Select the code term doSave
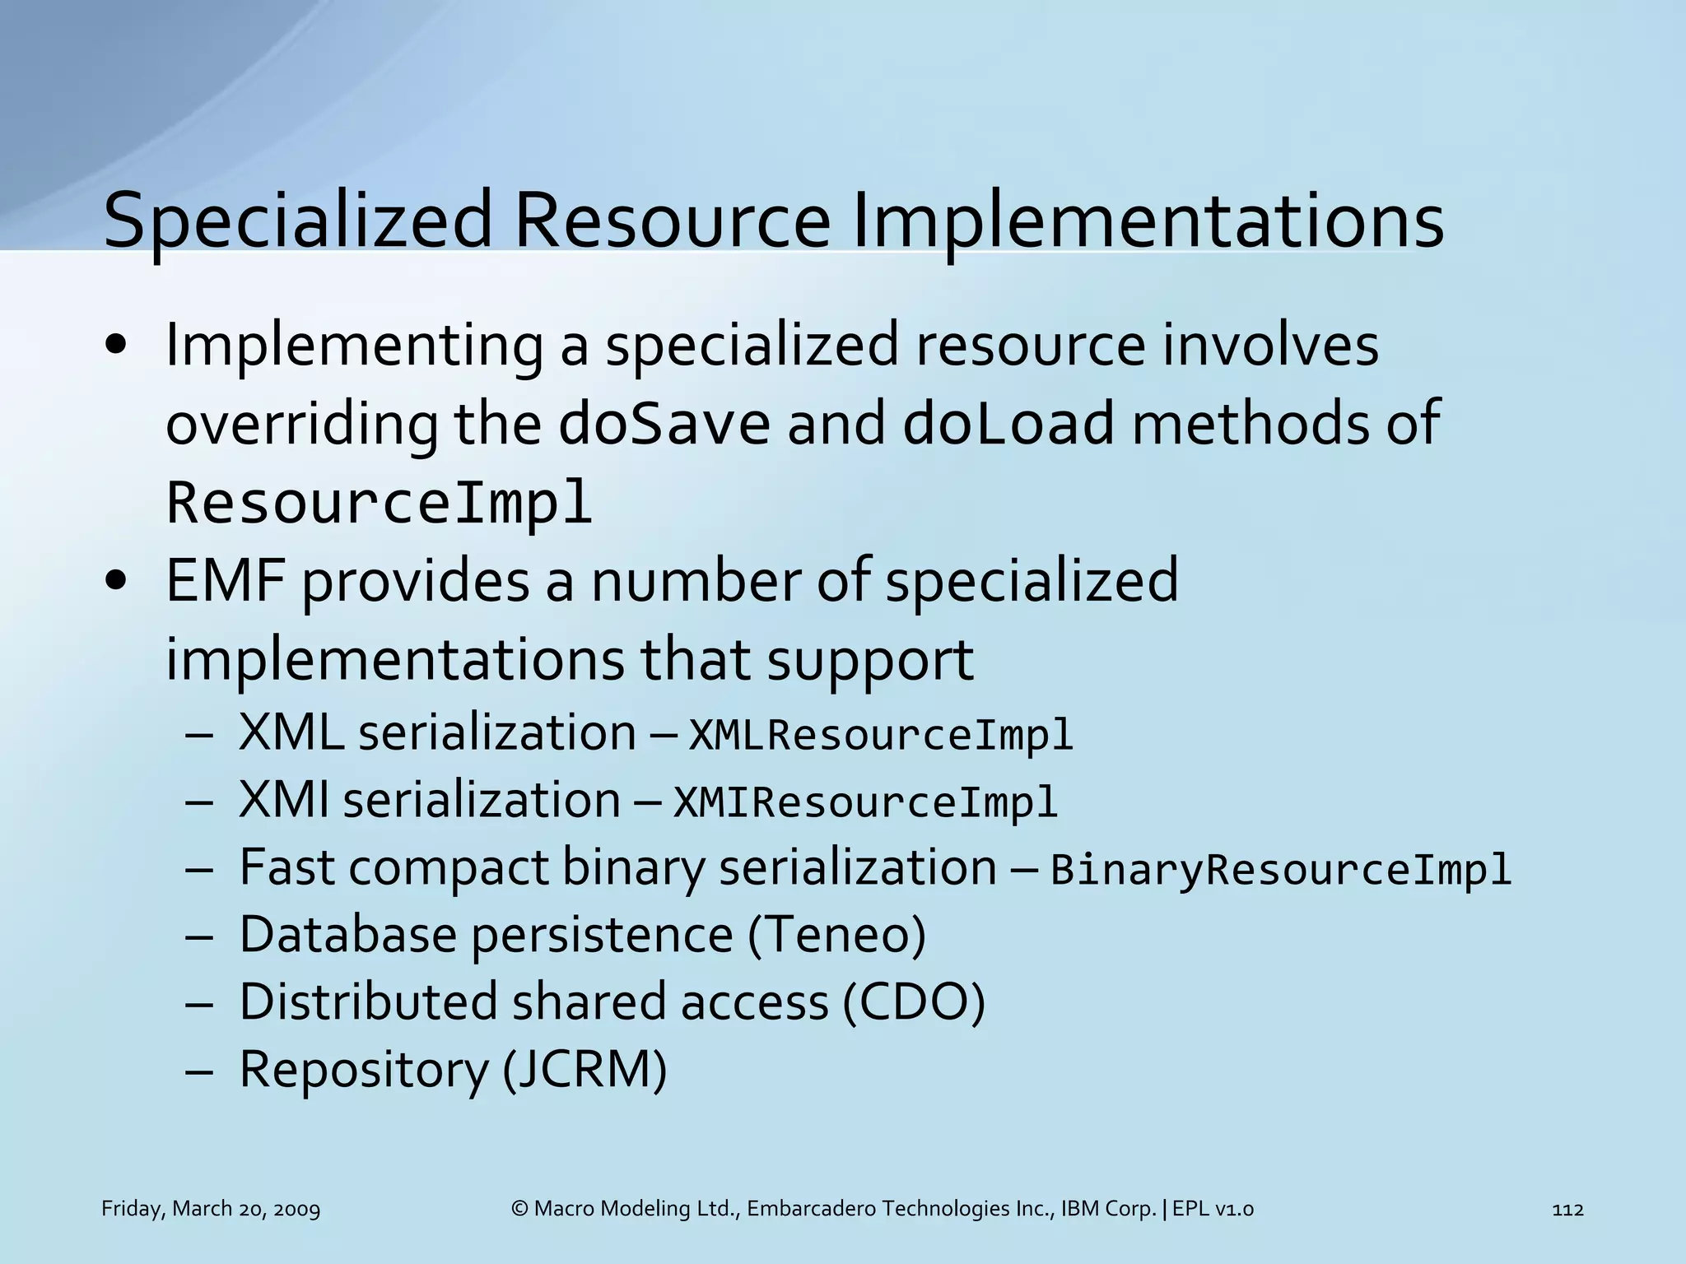(664, 423)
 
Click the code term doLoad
(1008, 423)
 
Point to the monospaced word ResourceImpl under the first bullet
(379, 502)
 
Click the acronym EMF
(225, 581)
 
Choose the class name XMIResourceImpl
(865, 802)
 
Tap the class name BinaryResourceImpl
(1281, 870)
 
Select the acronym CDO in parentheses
(914, 1002)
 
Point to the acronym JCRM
(584, 1070)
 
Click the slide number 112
(1567, 1209)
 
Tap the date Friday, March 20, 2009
(211, 1209)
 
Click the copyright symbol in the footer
(519, 1209)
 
